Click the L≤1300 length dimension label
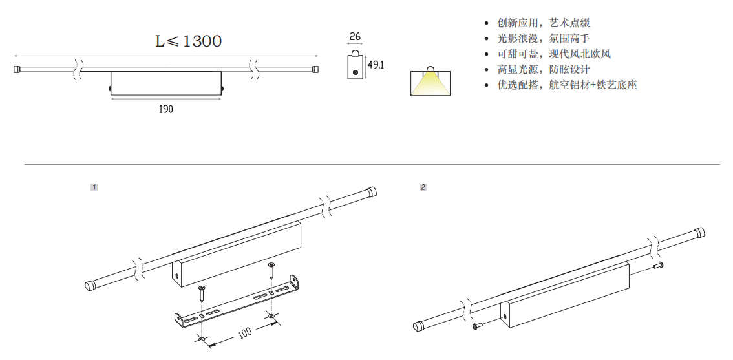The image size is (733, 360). pos(188,41)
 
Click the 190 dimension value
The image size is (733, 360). pos(166,110)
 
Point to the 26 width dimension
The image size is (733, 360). pos(355,37)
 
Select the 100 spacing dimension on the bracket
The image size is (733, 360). pos(244,334)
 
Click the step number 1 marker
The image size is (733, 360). pos(94,187)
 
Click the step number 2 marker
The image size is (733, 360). pos(423,187)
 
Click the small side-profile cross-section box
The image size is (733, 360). pos(355,66)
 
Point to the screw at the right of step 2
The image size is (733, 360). pos(659,266)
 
